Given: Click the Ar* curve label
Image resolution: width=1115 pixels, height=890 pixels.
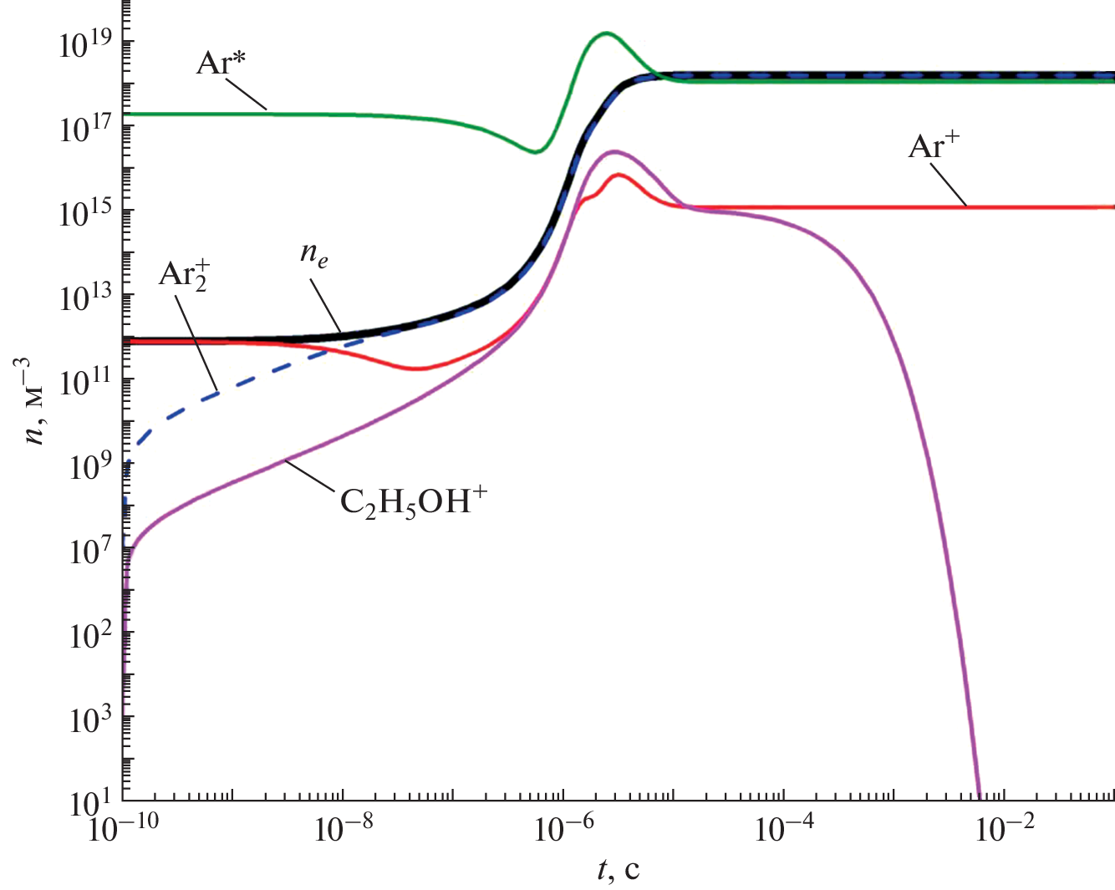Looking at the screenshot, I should tap(221, 64).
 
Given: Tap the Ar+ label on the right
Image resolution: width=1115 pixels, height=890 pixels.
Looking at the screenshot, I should tap(934, 147).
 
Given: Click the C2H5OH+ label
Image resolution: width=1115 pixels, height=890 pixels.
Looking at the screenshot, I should tap(413, 502).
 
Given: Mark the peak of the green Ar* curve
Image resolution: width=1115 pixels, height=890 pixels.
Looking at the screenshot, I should tap(605, 33).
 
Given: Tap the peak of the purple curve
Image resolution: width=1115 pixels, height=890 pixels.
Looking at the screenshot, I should tap(615, 152).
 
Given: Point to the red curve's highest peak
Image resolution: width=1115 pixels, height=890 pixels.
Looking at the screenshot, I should tap(619, 175).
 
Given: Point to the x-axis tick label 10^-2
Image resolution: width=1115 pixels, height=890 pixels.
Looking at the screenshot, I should tap(1003, 831).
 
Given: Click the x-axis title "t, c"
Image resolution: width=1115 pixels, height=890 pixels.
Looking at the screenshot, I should tap(619, 870).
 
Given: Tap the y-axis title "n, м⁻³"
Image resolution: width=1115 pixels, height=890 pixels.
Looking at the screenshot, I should tap(38, 401).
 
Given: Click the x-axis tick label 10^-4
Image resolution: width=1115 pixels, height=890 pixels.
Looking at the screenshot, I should tap(783, 831).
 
